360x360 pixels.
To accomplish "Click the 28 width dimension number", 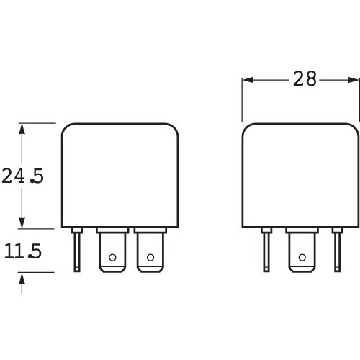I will (305, 79).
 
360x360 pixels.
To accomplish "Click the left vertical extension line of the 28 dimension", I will (242, 101).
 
